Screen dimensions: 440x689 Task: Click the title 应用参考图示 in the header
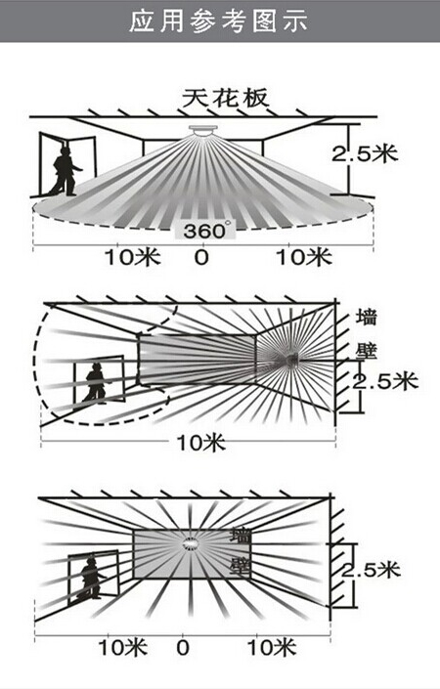pyautogui.click(x=218, y=21)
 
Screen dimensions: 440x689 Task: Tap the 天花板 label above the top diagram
pyautogui.click(x=225, y=99)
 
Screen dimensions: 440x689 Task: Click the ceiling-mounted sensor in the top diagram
pyautogui.click(x=202, y=130)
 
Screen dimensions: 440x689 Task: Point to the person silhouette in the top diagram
pyautogui.click(x=66, y=171)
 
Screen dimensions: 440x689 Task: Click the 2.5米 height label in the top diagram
pyautogui.click(x=365, y=153)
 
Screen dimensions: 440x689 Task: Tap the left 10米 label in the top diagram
pyautogui.click(x=133, y=257)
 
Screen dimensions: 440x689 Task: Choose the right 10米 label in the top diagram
pyautogui.click(x=303, y=257)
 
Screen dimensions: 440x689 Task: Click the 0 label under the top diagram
pyautogui.click(x=201, y=257)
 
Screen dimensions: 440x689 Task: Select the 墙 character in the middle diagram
pyautogui.click(x=366, y=317)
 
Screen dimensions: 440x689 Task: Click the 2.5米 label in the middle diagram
pyautogui.click(x=384, y=381)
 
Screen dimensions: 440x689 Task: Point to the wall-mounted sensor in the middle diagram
pyautogui.click(x=290, y=361)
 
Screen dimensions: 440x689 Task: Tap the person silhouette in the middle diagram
pyautogui.click(x=95, y=383)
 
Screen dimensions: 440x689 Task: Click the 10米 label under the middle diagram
pyautogui.click(x=200, y=442)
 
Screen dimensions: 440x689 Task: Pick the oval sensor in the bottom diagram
pyautogui.click(x=191, y=544)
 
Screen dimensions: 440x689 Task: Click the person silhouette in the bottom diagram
pyautogui.click(x=91, y=579)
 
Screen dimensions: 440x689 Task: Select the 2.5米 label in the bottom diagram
pyautogui.click(x=371, y=570)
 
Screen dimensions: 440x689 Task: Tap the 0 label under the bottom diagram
pyautogui.click(x=183, y=647)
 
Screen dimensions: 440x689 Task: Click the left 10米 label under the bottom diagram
pyautogui.click(x=122, y=647)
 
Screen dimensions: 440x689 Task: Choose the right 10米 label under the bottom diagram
pyautogui.click(x=272, y=647)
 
